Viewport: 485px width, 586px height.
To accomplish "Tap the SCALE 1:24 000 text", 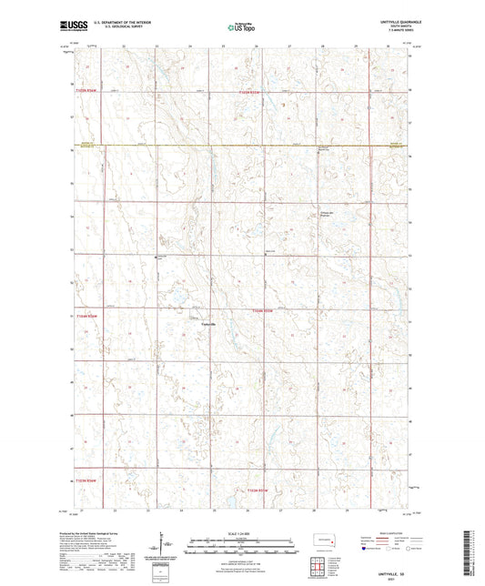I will (x=242, y=533).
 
